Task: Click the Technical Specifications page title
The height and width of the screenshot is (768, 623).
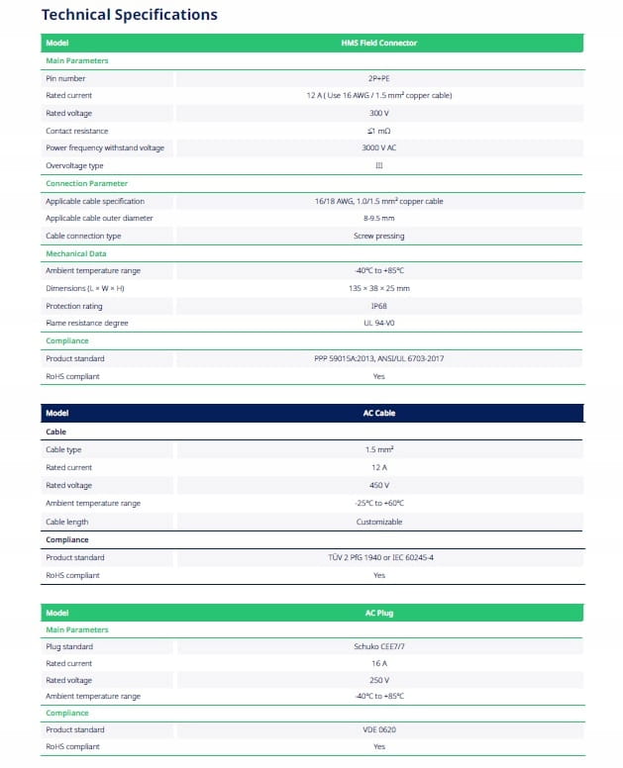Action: click(129, 15)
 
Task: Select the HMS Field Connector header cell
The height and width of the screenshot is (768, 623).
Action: click(378, 44)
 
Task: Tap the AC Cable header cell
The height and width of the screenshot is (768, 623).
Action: click(378, 414)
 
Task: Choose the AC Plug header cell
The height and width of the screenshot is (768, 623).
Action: click(378, 613)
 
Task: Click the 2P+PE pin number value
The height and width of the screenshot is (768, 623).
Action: click(378, 78)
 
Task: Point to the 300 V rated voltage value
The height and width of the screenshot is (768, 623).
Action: click(378, 113)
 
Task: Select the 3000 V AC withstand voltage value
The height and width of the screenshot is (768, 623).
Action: click(378, 147)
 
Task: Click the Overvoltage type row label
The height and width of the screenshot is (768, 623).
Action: click(74, 165)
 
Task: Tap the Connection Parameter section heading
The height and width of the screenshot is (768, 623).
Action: click(86, 183)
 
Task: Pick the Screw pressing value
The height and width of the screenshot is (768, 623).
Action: click(378, 236)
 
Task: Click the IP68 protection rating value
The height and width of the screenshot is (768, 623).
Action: click(378, 306)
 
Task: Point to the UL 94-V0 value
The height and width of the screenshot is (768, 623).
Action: click(378, 323)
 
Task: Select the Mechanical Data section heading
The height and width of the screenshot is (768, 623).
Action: click(76, 253)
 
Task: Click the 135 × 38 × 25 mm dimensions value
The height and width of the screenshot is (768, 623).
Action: click(378, 288)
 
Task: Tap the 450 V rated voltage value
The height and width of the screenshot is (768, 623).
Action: click(378, 485)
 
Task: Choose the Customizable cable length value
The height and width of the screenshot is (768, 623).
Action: click(378, 522)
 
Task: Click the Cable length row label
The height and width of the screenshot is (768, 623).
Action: click(67, 522)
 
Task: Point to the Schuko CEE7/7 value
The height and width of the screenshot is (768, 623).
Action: click(378, 646)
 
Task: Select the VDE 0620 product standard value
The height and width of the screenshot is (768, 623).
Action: click(378, 729)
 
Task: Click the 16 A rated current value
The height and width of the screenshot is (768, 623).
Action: click(378, 663)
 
